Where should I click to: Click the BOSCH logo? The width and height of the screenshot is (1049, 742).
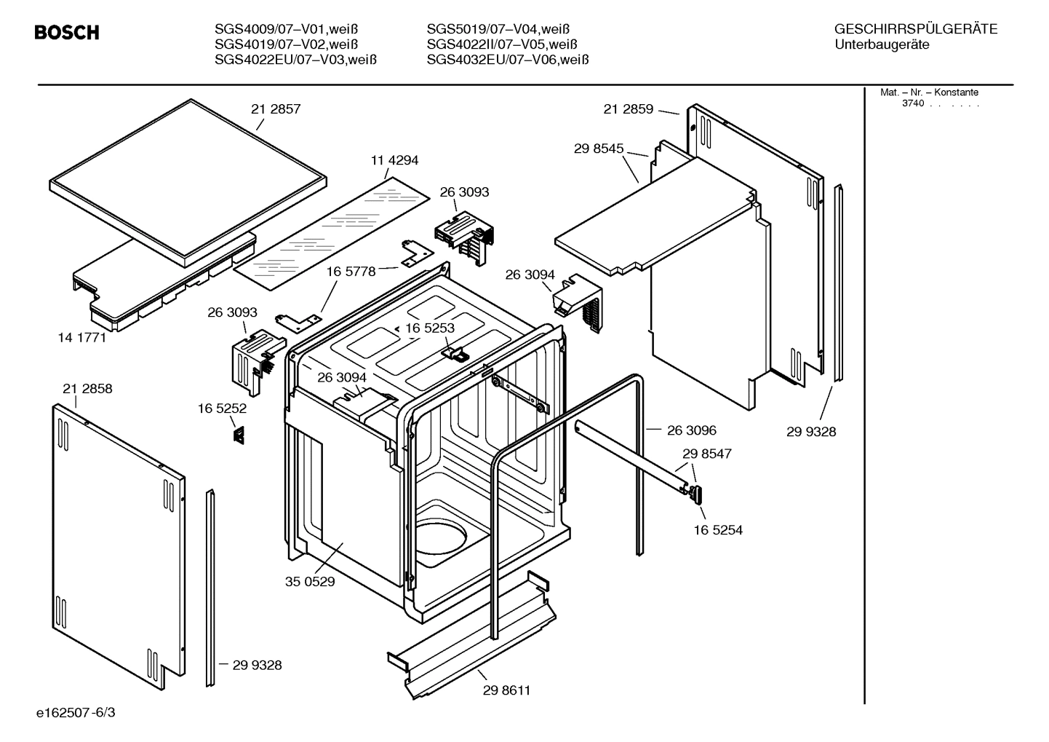[67, 33]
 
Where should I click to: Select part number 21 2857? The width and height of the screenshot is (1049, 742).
[276, 109]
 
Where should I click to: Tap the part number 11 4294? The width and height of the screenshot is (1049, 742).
[394, 160]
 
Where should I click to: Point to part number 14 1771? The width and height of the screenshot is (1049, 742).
[81, 337]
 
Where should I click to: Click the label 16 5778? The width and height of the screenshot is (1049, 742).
[351, 272]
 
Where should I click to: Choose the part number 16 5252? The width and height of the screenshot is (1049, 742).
[222, 409]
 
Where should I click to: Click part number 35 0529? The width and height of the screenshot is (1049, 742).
[310, 582]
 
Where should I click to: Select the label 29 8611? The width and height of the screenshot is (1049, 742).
[506, 690]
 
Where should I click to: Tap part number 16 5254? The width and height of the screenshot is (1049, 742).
[718, 530]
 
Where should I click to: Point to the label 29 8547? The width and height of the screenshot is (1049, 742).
[706, 454]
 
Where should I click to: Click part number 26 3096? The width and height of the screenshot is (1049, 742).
[691, 430]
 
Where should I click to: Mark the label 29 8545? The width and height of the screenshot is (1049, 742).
[599, 149]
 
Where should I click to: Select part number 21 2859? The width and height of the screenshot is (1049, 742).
[629, 109]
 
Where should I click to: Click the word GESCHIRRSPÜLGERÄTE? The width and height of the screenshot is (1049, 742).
[915, 29]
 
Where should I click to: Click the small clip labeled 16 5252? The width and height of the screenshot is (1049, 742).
[238, 435]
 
